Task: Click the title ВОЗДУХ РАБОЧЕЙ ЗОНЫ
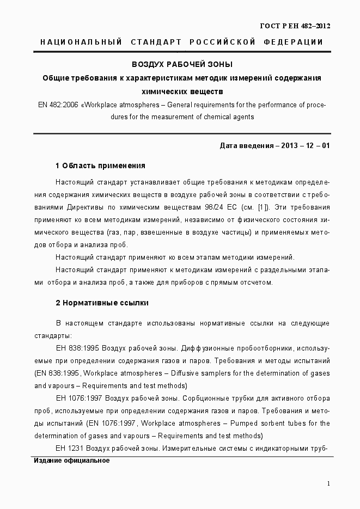182,64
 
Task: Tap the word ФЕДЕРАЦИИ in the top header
294,42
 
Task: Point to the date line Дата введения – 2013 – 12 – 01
274,146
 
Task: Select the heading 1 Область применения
100,165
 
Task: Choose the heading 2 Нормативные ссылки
102,302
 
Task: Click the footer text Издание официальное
71,461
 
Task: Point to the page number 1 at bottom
328,483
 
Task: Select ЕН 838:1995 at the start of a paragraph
77,348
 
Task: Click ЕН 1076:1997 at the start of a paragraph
79,398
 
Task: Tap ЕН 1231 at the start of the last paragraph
69,448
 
